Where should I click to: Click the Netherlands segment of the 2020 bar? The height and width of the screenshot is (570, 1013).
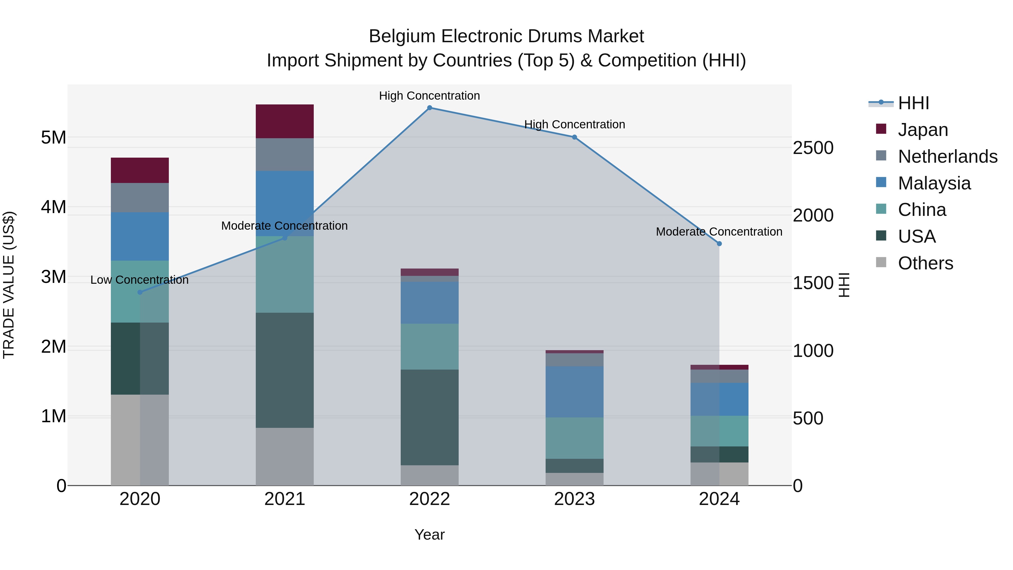pos(140,198)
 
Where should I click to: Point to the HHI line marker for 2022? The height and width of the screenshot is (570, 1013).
pos(429,108)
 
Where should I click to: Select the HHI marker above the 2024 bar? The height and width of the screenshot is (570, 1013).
pos(719,243)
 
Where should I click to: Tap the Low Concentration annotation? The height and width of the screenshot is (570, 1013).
pos(140,280)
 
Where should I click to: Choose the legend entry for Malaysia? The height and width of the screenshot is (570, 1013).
pos(934,183)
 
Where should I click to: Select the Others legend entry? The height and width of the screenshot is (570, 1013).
pos(925,263)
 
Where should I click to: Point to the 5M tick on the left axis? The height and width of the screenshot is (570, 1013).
pos(53,138)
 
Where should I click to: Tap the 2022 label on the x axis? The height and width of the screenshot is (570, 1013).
pos(429,499)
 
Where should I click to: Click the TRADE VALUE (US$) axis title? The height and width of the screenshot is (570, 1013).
pos(9,285)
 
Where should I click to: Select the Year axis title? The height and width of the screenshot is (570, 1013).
pos(429,535)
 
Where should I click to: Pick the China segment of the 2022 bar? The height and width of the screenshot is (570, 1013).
pos(429,347)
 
